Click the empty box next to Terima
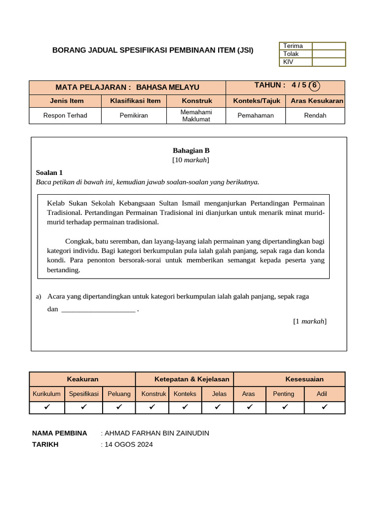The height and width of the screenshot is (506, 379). pyautogui.click(x=329, y=46)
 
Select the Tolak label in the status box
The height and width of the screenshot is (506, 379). pyautogui.click(x=291, y=54)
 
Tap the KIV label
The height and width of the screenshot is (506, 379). pyautogui.click(x=288, y=62)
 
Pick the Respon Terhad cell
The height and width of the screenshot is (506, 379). pyautogui.click(x=65, y=116)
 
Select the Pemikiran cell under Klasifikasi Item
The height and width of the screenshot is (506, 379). pyautogui.click(x=134, y=116)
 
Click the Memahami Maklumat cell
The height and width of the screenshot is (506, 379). pyautogui.click(x=196, y=116)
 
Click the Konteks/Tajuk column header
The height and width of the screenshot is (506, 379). pyautogui.click(x=257, y=101)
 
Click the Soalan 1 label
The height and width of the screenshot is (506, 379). pyautogui.click(x=49, y=172)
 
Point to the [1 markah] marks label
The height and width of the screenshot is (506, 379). pyautogui.click(x=309, y=321)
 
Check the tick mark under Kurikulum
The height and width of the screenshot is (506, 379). pyautogui.click(x=47, y=407)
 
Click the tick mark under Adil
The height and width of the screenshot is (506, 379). pyautogui.click(x=324, y=407)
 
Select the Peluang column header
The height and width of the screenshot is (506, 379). pyautogui.click(x=119, y=394)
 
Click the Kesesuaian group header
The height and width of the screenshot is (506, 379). pyautogui.click(x=304, y=379)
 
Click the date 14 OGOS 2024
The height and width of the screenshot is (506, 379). pyautogui.click(x=129, y=445)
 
